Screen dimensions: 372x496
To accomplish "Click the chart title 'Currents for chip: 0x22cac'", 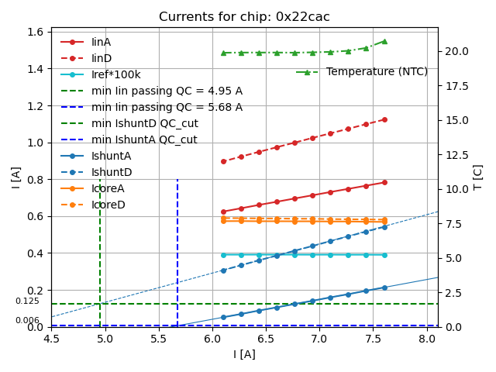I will click(x=244, y=17).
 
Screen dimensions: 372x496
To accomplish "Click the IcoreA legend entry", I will click(x=108, y=188).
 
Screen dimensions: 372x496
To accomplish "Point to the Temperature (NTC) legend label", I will click(x=377, y=72).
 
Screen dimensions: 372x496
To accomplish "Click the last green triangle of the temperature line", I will click(x=384, y=41).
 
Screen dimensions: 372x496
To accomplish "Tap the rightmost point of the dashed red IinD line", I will click(x=384, y=119).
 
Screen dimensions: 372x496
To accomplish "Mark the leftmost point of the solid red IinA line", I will click(x=223, y=212).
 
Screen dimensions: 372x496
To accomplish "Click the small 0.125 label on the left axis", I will click(x=27, y=301).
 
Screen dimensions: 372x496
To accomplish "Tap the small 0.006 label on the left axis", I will click(x=27, y=321).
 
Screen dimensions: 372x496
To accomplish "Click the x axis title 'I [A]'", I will click(x=244, y=354).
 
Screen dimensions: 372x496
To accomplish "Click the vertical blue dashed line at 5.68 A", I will click(x=177, y=248).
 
